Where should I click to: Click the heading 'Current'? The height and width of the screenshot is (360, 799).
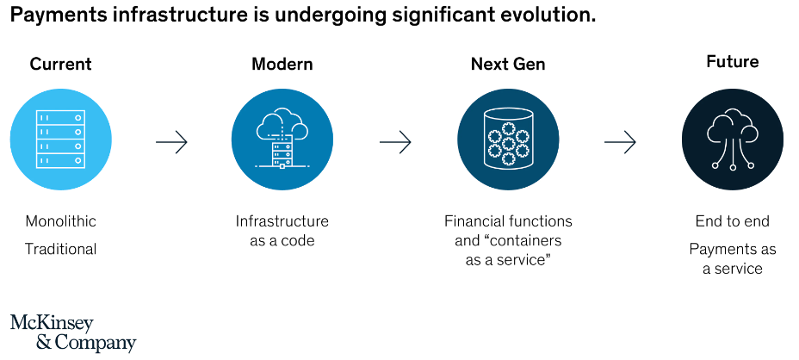60,65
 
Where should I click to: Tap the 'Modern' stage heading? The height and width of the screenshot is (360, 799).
282,65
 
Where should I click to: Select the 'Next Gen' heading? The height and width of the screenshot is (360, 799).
508,65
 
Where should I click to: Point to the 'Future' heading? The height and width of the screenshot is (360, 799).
732,62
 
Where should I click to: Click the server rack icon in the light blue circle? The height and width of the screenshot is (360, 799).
60,140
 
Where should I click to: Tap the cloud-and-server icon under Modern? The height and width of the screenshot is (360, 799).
282,138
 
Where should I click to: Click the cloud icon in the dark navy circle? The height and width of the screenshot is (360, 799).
732,138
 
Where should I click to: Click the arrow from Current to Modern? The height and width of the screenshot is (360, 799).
171,142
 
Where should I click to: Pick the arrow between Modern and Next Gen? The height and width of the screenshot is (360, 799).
395,142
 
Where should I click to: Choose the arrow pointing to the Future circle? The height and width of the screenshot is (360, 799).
620,142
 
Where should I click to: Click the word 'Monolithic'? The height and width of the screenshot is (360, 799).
60,221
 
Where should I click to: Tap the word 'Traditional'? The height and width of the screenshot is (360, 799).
60,249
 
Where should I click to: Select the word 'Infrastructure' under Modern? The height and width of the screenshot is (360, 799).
282,221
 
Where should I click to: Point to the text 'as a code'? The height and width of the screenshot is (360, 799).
282,240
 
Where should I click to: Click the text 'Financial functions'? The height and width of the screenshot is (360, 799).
508,221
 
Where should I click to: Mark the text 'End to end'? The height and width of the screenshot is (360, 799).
732,221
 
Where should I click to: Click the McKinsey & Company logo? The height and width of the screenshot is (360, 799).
73,333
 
